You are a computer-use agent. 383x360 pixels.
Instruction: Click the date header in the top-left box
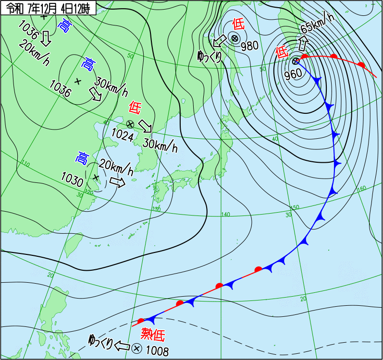pos(48,8)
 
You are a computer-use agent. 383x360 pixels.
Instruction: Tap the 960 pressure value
pos(293,73)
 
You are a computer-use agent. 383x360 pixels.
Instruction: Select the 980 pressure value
pos(250,46)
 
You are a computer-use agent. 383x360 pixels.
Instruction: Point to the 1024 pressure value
pos(124,135)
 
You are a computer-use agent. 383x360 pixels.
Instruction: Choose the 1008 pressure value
pos(157,352)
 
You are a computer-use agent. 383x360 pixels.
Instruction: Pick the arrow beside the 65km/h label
pos(303,44)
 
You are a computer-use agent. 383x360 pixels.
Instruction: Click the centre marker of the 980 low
pos(234,38)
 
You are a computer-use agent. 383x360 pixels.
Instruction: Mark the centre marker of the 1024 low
pos(130,124)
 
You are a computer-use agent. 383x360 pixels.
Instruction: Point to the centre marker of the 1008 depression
pos(136,348)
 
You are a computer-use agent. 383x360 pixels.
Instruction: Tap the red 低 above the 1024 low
pos(134,108)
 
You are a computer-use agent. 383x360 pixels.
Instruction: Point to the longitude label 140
pos(226,214)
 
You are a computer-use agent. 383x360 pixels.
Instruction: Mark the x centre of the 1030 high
pos(96,178)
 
